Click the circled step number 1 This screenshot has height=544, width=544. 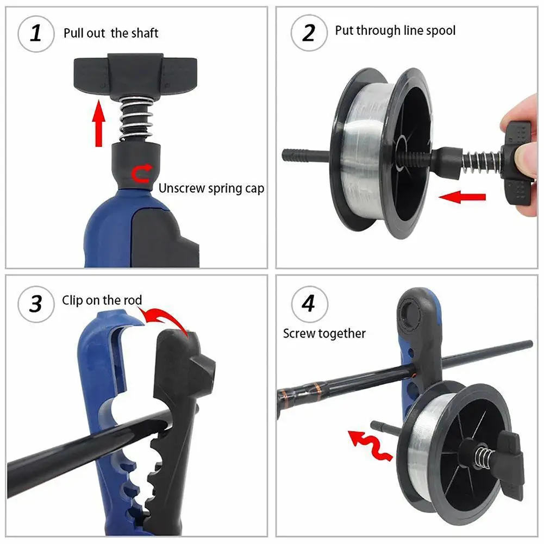[x=36, y=34]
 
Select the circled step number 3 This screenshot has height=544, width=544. [x=36, y=304]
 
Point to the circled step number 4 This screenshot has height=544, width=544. [x=308, y=304]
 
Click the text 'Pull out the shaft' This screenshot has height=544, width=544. [x=111, y=33]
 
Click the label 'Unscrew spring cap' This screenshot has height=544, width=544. [x=211, y=189]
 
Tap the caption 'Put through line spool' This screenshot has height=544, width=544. [x=395, y=30]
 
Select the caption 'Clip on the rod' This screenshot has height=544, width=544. [x=102, y=300]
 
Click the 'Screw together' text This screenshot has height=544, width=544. [x=324, y=333]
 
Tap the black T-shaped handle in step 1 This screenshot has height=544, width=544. [x=135, y=74]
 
